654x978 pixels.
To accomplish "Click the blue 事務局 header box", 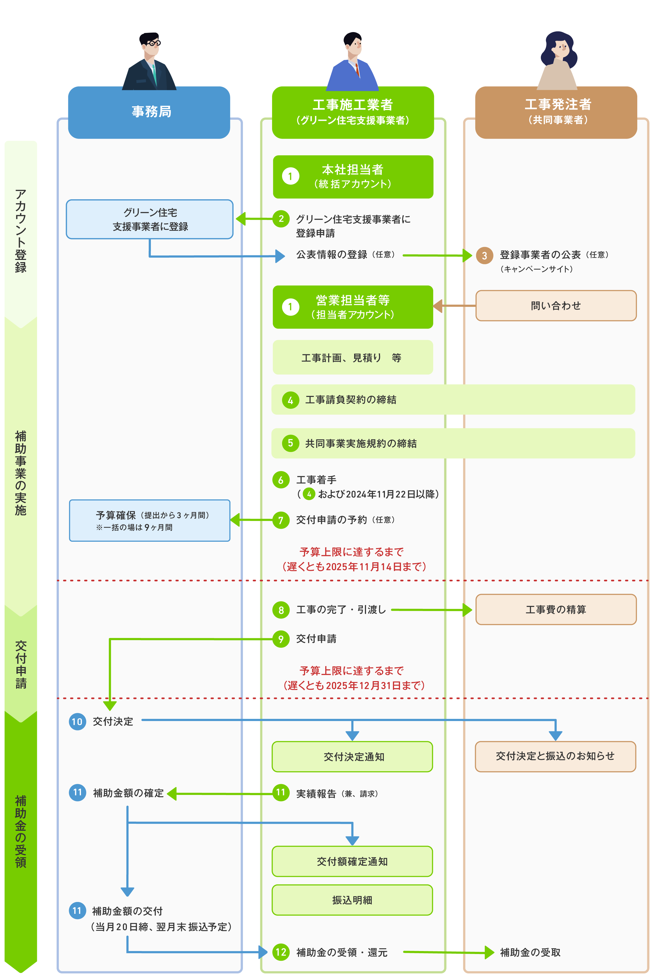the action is [x=149, y=112].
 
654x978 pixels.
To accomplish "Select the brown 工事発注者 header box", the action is [x=556, y=112].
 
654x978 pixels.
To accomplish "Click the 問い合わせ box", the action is [x=556, y=306].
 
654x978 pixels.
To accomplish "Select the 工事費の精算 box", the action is [x=556, y=609].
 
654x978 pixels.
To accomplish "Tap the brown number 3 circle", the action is [x=484, y=255].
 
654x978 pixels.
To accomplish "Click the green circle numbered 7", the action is [x=281, y=520].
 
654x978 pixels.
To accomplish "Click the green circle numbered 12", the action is [x=281, y=952].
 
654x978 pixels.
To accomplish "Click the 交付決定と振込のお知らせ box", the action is [x=555, y=756].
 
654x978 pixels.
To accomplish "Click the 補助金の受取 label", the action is [x=530, y=952].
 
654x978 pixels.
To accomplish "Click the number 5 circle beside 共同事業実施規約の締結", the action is [x=290, y=443].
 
